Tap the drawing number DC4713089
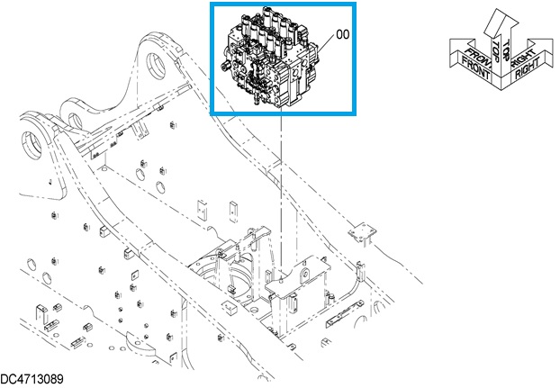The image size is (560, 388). point(32,379)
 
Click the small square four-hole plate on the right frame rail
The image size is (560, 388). point(360,233)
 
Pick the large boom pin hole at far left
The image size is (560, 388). point(33,142)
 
